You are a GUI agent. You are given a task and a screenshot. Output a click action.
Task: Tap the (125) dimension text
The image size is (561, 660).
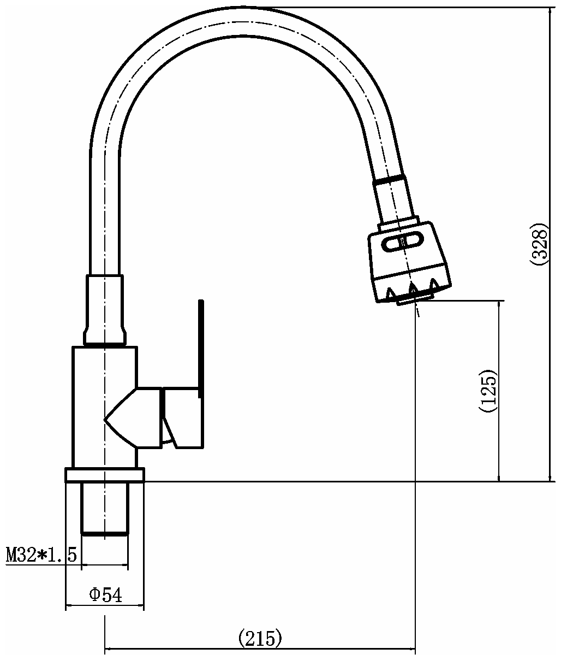pos(488,392)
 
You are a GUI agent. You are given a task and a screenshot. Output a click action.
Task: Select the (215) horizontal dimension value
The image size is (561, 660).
pos(260,637)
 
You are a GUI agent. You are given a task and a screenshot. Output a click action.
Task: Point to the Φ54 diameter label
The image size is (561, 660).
pos(105,595)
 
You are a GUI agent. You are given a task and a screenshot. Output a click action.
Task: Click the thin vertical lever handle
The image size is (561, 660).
pos(201,344)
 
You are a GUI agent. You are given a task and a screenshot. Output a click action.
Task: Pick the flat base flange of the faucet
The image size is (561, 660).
pos(104,475)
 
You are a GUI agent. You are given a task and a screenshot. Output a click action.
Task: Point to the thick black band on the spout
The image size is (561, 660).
pos(389,179)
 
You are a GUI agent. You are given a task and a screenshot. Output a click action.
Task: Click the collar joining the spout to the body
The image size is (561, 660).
pos(105,310)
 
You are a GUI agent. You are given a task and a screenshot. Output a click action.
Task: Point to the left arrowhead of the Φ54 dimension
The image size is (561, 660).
pos(69,606)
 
